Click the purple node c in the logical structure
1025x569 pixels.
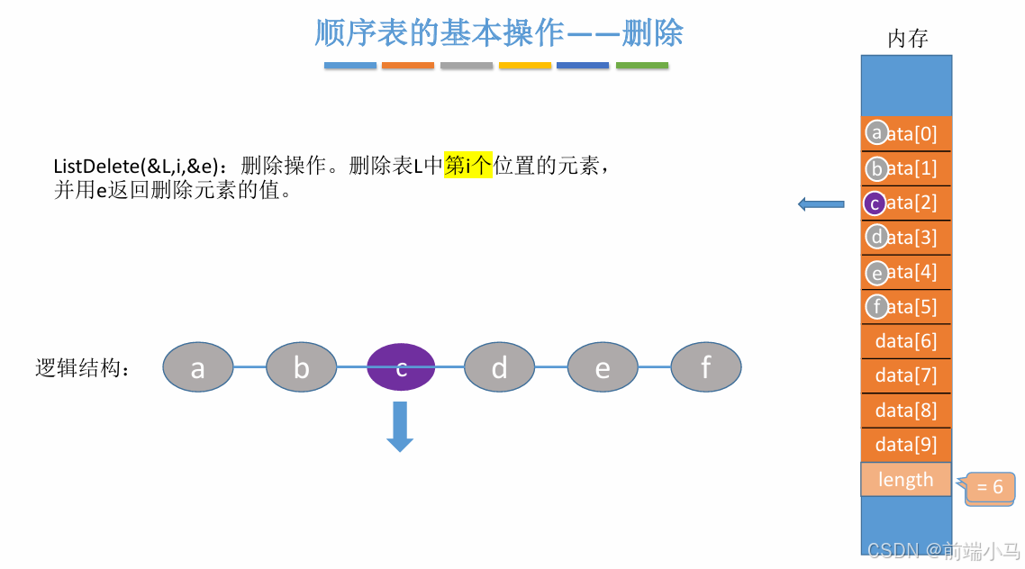(x=402, y=367)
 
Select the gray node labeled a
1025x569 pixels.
(x=197, y=367)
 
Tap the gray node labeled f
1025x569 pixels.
(x=706, y=367)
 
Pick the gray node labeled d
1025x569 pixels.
(x=499, y=367)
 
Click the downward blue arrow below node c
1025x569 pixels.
(x=400, y=426)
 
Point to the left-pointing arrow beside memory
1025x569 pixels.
(x=821, y=204)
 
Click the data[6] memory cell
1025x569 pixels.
(x=906, y=341)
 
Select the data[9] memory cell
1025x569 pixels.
(x=906, y=445)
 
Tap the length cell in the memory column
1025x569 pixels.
(x=906, y=480)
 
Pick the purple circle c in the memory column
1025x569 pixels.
(x=875, y=203)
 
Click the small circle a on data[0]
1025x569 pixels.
(x=875, y=133)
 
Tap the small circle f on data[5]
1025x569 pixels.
(x=876, y=307)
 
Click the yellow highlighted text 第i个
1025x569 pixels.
(x=468, y=167)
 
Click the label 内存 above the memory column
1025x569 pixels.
(x=907, y=39)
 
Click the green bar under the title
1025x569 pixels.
(x=642, y=66)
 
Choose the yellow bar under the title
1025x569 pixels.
(x=525, y=66)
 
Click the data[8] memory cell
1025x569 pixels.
(x=906, y=411)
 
